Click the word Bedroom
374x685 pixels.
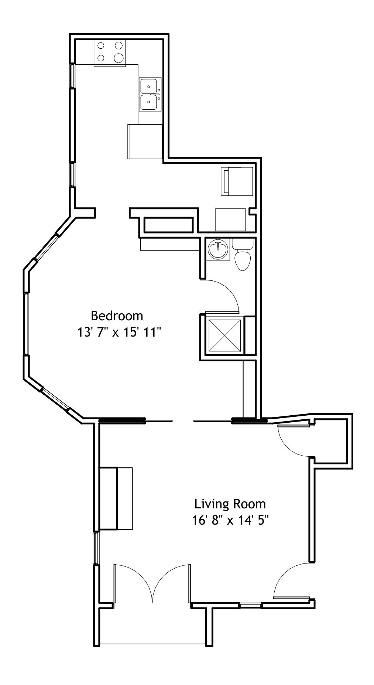[117, 316]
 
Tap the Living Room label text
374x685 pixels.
[230, 504]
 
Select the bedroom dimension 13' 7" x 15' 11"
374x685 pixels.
[120, 333]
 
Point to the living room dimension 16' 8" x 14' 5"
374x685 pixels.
[230, 520]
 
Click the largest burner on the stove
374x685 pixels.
[119, 58]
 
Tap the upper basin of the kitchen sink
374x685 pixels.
[150, 86]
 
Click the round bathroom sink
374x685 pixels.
[218, 249]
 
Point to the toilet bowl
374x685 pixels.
[243, 260]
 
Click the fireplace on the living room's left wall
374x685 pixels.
[116, 498]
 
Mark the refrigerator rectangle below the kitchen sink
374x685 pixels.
[145, 142]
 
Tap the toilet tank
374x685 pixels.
[243, 244]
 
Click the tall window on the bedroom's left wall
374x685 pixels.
[26, 324]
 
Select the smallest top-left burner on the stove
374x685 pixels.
[101, 46]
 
